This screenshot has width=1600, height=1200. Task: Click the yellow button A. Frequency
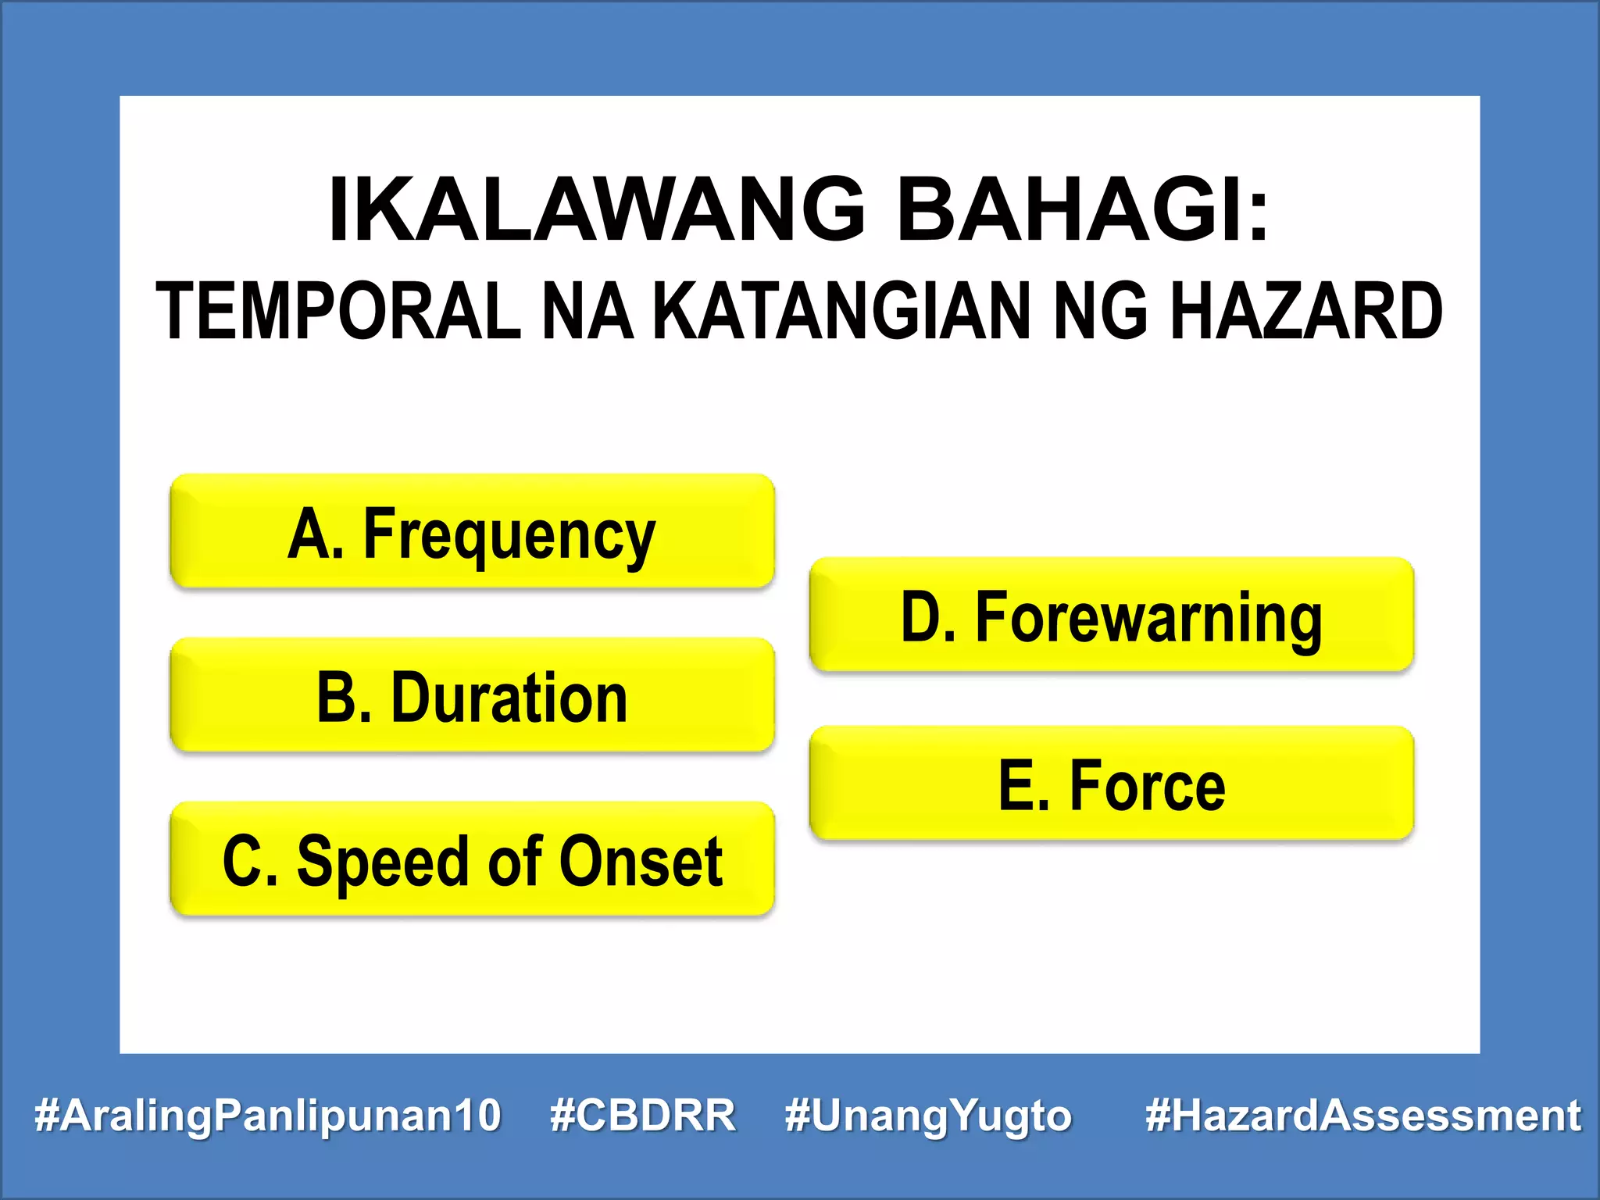pos(472,531)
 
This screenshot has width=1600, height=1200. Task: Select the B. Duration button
pos(472,695)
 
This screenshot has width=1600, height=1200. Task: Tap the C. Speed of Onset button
pos(472,859)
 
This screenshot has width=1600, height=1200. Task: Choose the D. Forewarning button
pos(1111,615)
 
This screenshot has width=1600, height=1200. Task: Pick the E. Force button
pos(1111,784)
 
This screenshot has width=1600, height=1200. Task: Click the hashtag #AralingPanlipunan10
pos(267,1115)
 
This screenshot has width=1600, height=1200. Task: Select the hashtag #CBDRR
pos(642,1115)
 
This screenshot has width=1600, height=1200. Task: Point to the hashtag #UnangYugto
pos(928,1115)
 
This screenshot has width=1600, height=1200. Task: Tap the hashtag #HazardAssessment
pos(1362,1115)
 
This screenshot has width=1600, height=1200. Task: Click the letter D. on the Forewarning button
pos(927,617)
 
